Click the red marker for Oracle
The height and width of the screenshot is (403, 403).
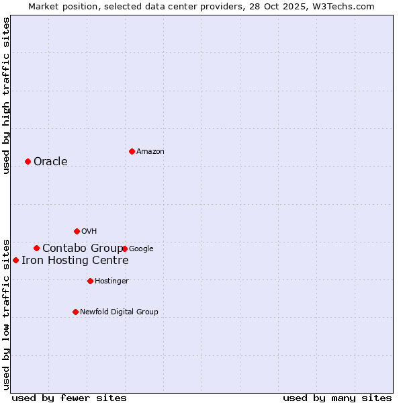(x=28, y=161)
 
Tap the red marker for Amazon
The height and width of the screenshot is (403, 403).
(x=132, y=151)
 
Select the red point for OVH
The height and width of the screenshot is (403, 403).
(x=77, y=231)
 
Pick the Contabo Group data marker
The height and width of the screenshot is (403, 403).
(x=36, y=248)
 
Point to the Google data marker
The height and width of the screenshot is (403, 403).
(x=125, y=249)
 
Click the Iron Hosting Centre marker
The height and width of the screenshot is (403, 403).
(x=15, y=260)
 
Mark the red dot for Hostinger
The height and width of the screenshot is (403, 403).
(x=90, y=281)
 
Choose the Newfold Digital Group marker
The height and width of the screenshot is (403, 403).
(x=75, y=312)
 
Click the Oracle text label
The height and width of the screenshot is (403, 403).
(x=50, y=162)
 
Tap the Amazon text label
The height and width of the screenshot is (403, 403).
(x=150, y=152)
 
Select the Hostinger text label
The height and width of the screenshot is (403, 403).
(x=111, y=281)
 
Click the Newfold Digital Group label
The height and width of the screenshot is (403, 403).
(x=119, y=312)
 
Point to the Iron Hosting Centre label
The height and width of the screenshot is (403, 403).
(x=75, y=261)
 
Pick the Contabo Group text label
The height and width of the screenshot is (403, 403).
(x=83, y=249)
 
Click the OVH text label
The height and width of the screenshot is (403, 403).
(x=89, y=232)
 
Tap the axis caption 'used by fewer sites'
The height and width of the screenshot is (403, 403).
(x=69, y=398)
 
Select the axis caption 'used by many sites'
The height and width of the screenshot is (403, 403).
(x=337, y=398)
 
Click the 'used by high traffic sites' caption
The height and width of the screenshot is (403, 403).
(x=6, y=95)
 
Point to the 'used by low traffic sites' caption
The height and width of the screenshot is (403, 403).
(x=6, y=314)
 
